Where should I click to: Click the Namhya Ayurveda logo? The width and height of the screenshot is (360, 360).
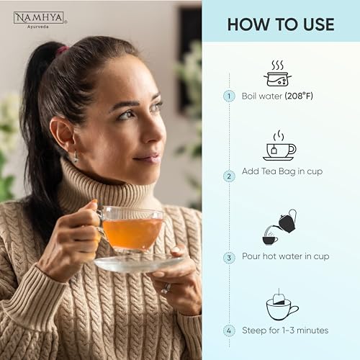[x=40, y=20]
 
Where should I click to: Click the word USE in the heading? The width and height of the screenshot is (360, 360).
[x=318, y=24]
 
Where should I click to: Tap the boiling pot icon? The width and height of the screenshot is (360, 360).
[x=278, y=73]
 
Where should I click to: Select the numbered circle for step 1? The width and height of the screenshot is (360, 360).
[x=229, y=96]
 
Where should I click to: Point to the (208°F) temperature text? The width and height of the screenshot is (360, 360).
[x=299, y=96]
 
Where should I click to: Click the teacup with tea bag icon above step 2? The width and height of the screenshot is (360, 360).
[x=279, y=145]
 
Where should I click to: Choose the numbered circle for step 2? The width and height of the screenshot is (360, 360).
[x=229, y=176]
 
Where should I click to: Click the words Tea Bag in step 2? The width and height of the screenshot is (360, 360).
[x=279, y=171]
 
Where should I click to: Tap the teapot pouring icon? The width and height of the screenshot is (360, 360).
[x=279, y=227]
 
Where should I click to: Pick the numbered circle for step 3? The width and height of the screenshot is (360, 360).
[x=229, y=258]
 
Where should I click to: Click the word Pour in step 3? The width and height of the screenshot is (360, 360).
[x=251, y=256]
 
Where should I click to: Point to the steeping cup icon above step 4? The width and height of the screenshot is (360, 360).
[x=282, y=305]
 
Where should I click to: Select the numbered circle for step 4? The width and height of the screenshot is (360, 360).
[x=229, y=330]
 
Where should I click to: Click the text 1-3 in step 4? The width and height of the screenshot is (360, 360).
[x=288, y=330]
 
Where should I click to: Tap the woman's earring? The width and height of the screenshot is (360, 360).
[x=75, y=156]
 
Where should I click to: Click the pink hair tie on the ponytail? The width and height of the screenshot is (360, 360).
[x=62, y=50]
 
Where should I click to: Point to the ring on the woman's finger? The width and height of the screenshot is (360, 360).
[x=166, y=288]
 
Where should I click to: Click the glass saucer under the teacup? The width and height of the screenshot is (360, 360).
[x=139, y=263]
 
